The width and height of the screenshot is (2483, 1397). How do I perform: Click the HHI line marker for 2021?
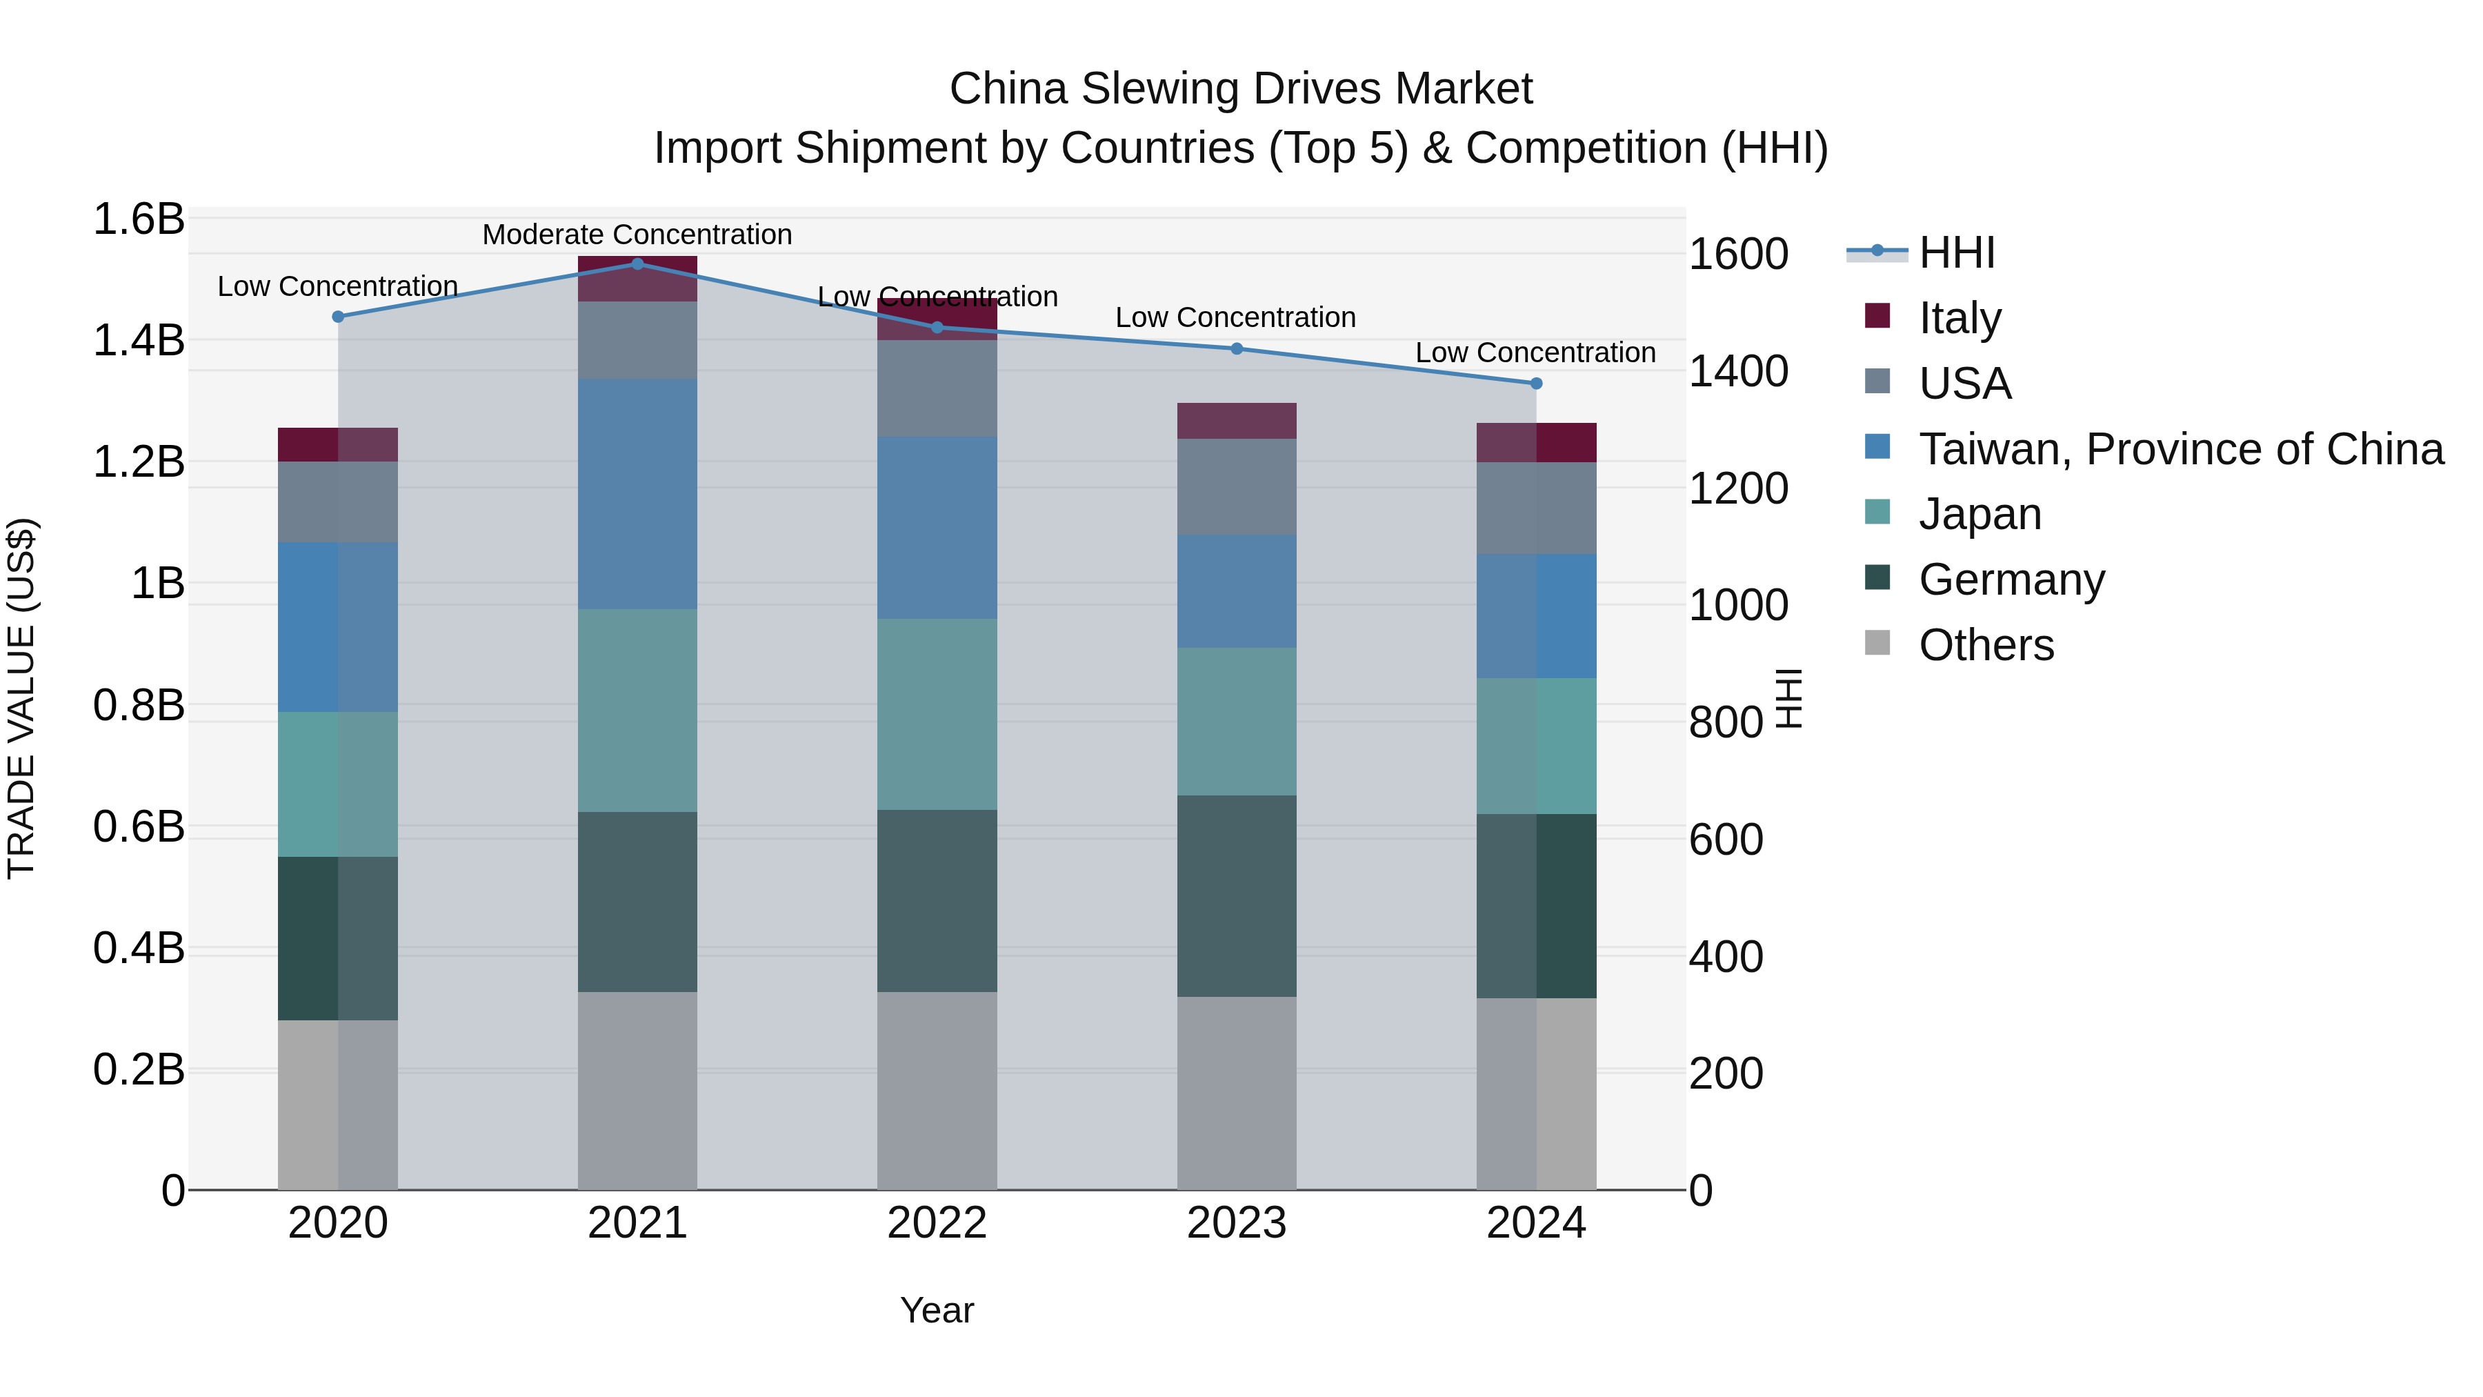tap(637, 264)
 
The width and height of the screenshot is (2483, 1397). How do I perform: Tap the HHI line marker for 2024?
tap(1537, 384)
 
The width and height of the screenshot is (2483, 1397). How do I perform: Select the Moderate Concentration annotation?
tap(637, 235)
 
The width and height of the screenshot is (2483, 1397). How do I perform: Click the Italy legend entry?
tap(1960, 317)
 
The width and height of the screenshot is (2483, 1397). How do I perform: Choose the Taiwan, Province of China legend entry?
tap(2180, 448)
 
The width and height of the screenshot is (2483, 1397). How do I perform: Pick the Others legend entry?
tap(1986, 644)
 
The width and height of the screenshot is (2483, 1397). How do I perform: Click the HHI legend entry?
tap(1956, 252)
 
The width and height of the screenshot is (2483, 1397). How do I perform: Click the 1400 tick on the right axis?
tap(1738, 371)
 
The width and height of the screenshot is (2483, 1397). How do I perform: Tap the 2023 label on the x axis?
tap(1237, 1223)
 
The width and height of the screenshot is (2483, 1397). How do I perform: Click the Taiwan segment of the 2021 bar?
tap(637, 494)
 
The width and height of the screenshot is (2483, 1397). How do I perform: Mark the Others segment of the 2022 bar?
tap(937, 1089)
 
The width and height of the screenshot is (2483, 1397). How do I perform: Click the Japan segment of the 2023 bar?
tap(1237, 721)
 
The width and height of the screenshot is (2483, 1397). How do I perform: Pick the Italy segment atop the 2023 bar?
tap(1237, 420)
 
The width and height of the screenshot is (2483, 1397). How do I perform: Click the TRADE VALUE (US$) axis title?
tap(21, 698)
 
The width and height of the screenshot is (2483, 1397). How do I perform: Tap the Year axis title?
tap(937, 1310)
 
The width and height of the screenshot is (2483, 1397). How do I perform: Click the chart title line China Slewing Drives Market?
tap(1241, 89)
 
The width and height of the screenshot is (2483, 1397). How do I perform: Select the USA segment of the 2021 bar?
tap(637, 339)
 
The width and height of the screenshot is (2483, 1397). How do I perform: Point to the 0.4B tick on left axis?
tap(138, 949)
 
